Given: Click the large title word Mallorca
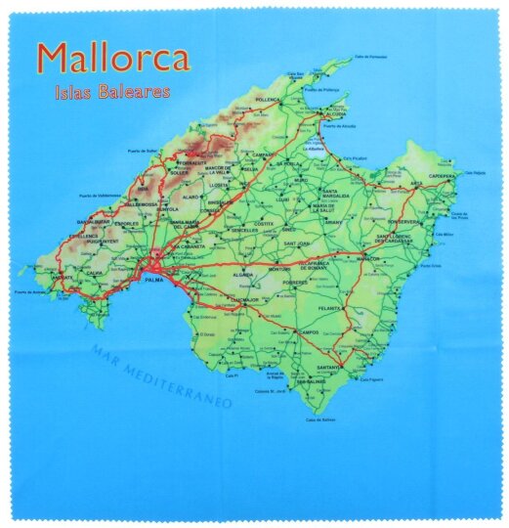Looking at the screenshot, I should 112,59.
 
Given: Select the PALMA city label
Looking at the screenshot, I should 152,280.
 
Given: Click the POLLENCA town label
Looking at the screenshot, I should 268,100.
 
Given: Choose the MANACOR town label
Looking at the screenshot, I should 369,258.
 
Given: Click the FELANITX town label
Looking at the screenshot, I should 330,308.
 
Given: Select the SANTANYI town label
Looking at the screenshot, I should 327,367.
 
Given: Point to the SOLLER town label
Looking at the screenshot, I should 179,173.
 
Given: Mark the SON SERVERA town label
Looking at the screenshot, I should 403,222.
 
